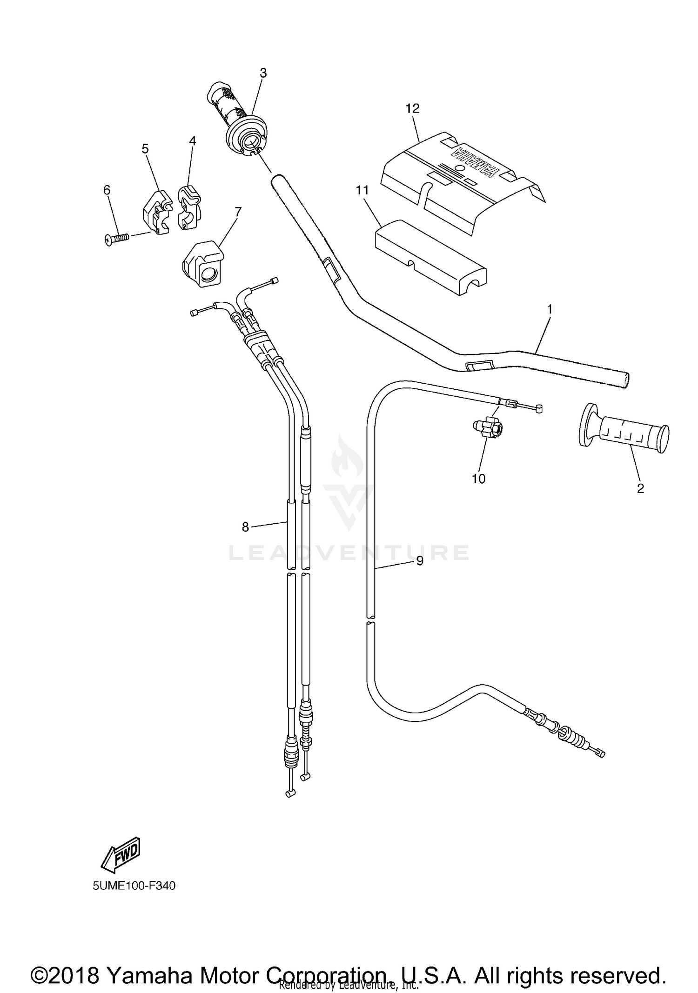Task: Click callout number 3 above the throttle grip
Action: point(263,73)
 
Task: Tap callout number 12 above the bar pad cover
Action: point(412,108)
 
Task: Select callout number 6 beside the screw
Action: point(107,190)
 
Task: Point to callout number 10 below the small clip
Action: point(478,479)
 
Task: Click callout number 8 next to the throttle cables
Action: point(245,527)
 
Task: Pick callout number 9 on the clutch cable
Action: point(420,561)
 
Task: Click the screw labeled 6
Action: point(116,239)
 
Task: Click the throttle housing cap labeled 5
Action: point(156,212)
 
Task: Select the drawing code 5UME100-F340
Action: point(134,886)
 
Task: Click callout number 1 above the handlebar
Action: point(550,309)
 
